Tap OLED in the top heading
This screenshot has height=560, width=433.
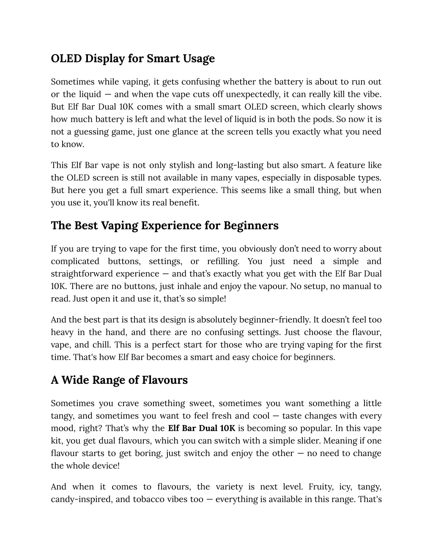click(x=66, y=58)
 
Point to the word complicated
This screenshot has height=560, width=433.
click(x=74, y=261)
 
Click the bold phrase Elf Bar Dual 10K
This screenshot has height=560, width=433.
click(x=201, y=428)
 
